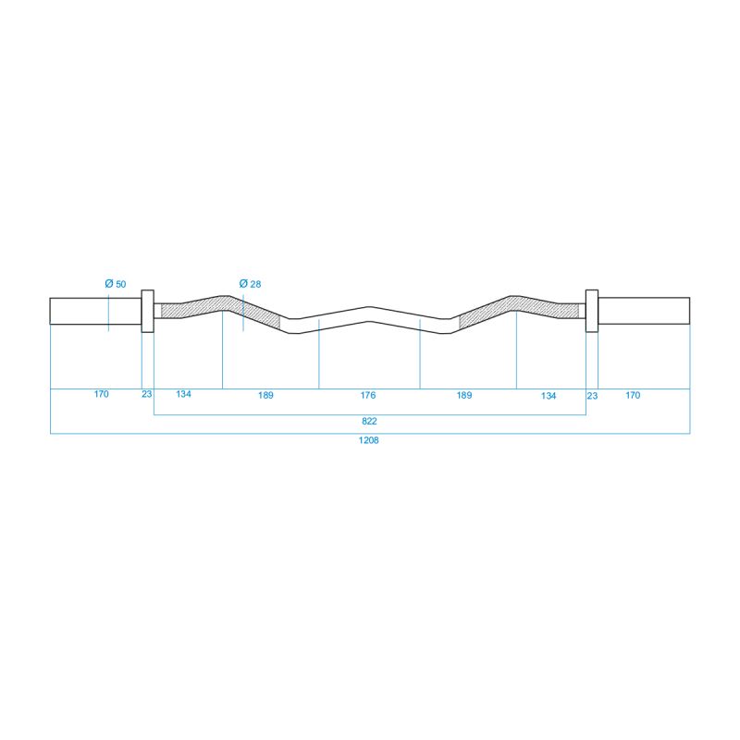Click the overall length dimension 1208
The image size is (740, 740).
click(368, 440)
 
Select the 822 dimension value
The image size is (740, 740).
click(369, 421)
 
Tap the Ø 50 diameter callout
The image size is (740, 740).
click(116, 284)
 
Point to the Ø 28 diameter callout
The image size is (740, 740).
click(250, 284)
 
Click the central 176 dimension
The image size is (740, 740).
click(368, 395)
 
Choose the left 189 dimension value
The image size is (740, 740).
click(265, 395)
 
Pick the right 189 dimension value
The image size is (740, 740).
click(464, 395)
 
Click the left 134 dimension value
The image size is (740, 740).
click(183, 394)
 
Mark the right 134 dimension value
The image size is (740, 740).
click(549, 396)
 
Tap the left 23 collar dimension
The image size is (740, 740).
click(147, 394)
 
